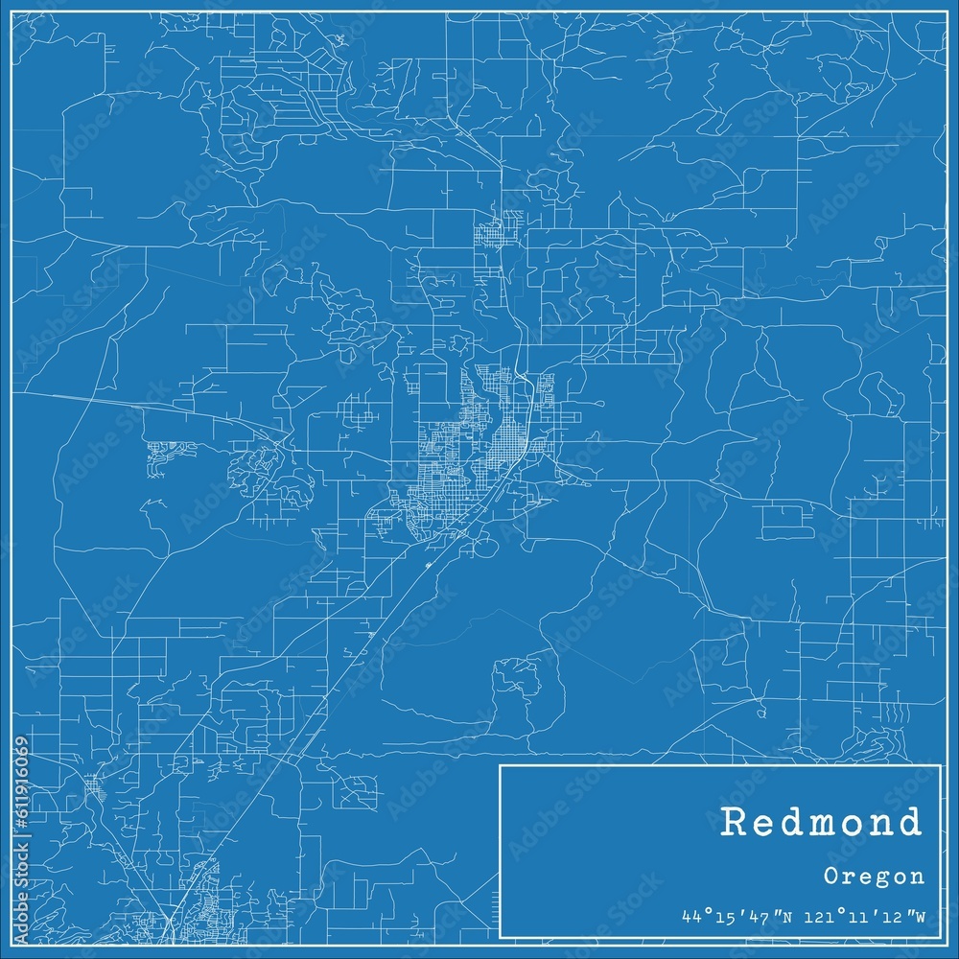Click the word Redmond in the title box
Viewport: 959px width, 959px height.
pos(822,823)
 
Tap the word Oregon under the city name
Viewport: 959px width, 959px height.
pos(874,876)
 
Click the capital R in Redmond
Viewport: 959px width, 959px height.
pos(733,823)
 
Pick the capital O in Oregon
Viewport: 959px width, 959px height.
pos(831,876)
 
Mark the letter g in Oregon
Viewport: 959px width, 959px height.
pos(875,877)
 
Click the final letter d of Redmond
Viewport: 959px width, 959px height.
pos(910,823)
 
